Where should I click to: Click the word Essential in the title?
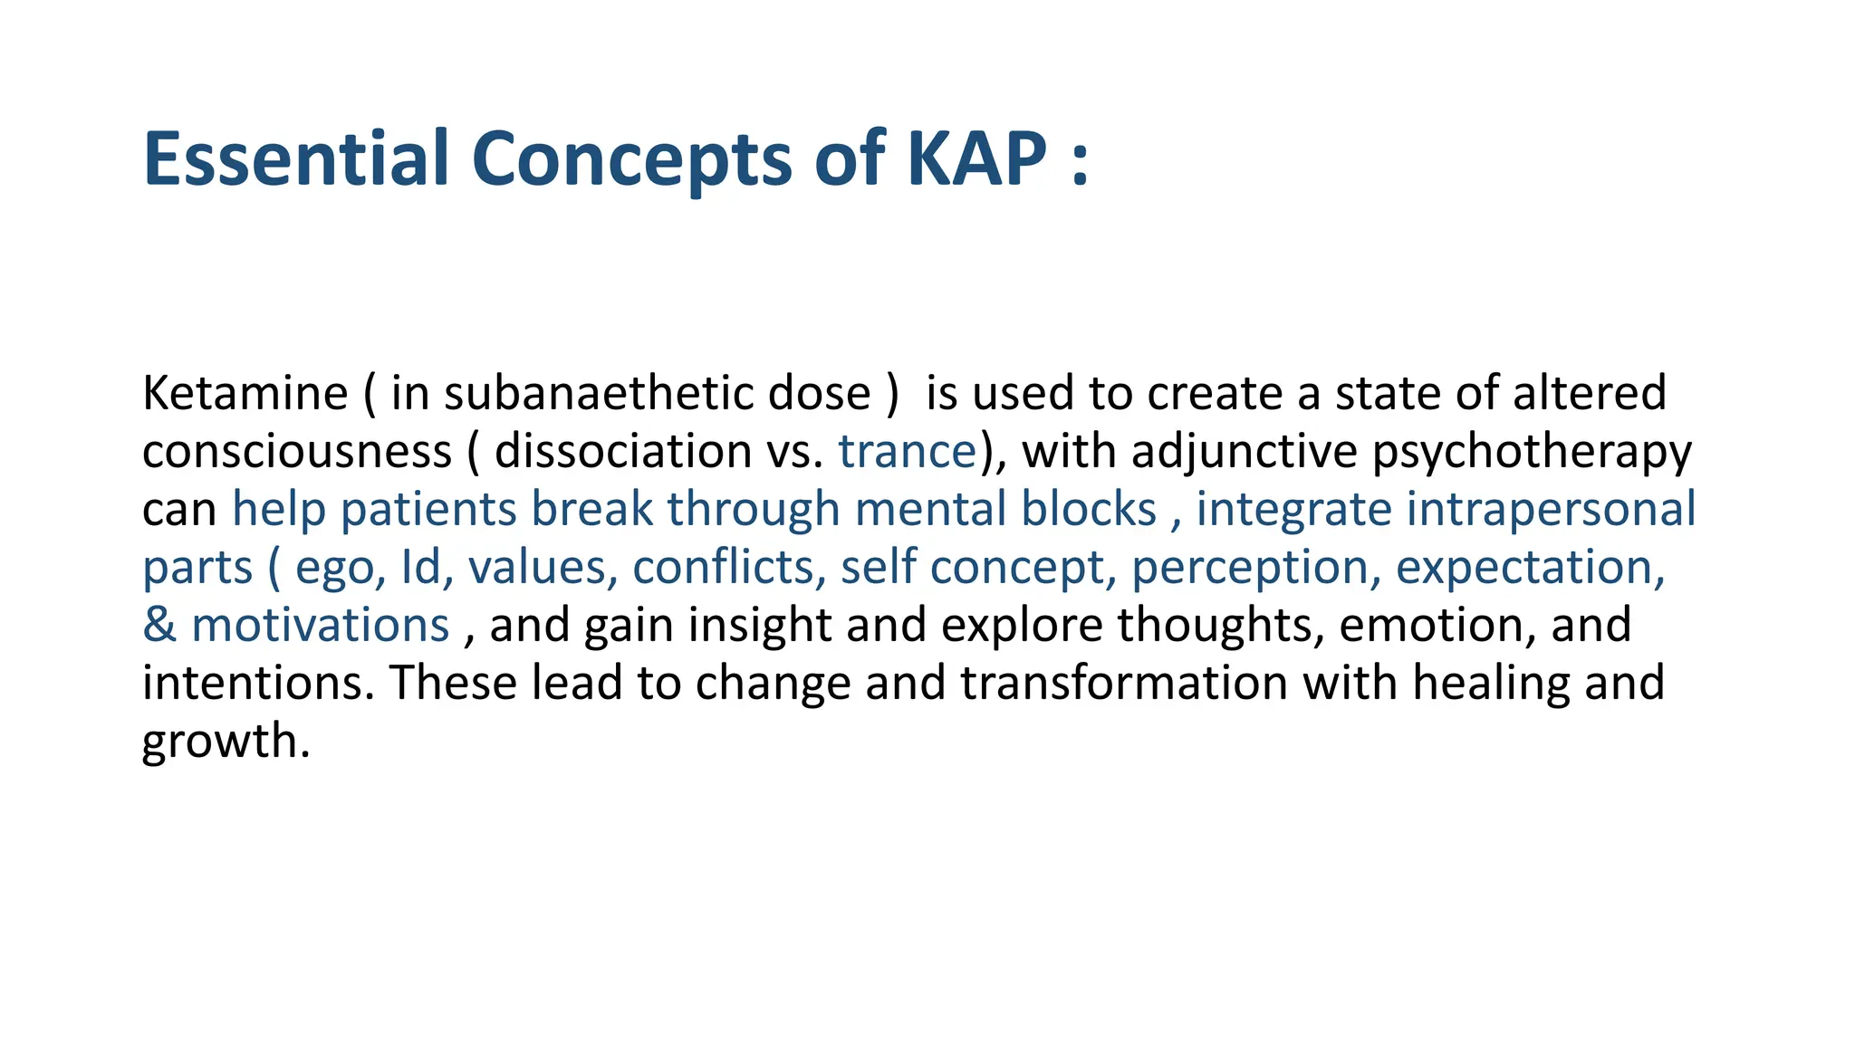(x=295, y=159)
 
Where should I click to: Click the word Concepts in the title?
(x=632, y=161)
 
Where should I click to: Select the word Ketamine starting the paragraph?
(x=245, y=394)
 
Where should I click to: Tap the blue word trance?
(x=907, y=452)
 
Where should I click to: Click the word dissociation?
(x=623, y=452)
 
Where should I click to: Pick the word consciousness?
(x=296, y=452)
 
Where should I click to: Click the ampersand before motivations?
(x=159, y=626)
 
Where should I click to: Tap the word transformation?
(x=1123, y=684)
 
